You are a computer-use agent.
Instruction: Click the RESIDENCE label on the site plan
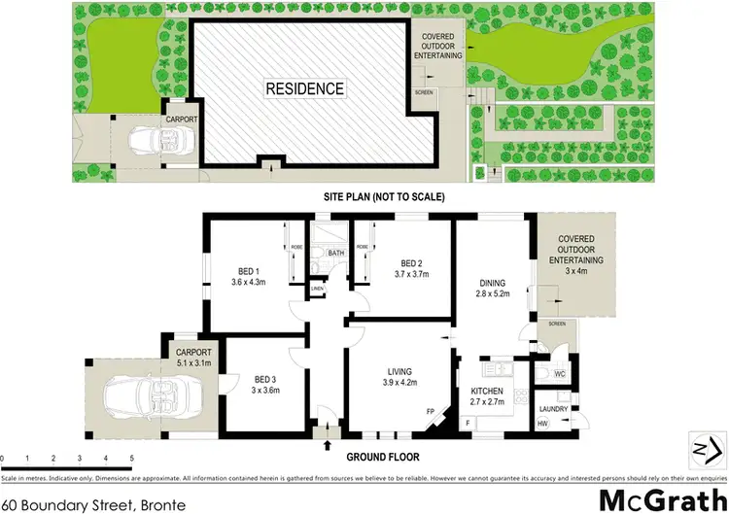[x=305, y=88]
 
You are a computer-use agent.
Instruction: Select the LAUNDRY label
[x=554, y=410]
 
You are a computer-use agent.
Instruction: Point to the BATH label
[x=335, y=255]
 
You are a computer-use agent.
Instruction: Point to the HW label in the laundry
[x=541, y=423]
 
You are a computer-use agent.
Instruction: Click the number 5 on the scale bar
[x=130, y=457]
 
